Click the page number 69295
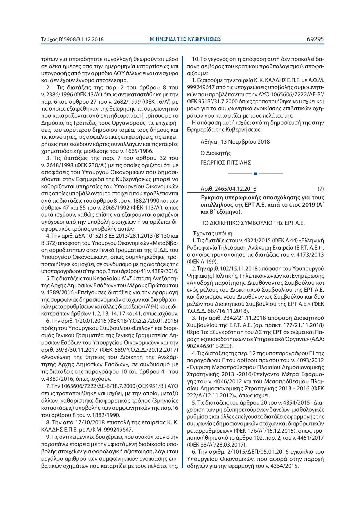tap(315, 39)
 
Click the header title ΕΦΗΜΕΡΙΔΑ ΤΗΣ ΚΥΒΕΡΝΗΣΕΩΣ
tap(186, 39)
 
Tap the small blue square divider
tap(255, 174)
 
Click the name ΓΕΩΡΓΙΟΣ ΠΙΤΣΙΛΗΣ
tap(226, 163)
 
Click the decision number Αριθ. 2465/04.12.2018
tap(228, 189)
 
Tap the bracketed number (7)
tap(321, 189)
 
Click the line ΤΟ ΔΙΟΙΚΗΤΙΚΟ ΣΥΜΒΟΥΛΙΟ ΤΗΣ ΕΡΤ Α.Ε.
tap(253, 223)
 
